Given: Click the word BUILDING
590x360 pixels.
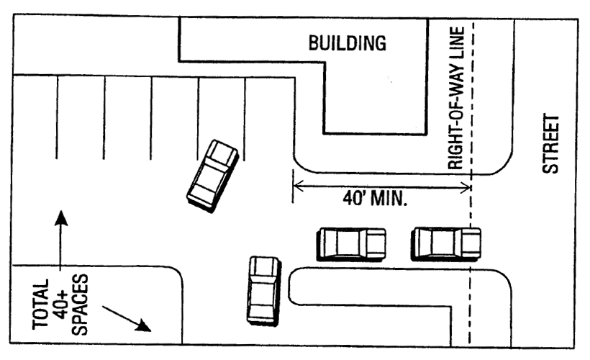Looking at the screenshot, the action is [x=348, y=43].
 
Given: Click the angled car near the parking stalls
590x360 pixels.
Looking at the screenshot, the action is [x=212, y=175].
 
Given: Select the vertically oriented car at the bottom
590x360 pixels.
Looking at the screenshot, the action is [x=263, y=289].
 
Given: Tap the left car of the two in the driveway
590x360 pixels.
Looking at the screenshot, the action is [x=352, y=243].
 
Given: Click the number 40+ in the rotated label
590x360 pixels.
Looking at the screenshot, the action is [x=63, y=305].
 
